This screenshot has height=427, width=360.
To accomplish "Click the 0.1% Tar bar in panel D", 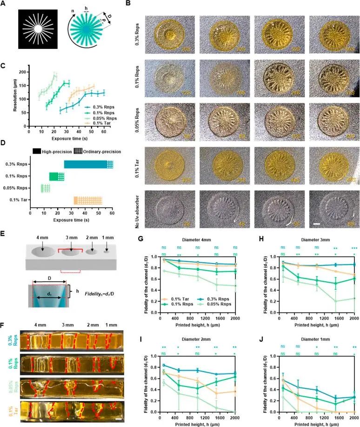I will [x=88, y=200].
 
